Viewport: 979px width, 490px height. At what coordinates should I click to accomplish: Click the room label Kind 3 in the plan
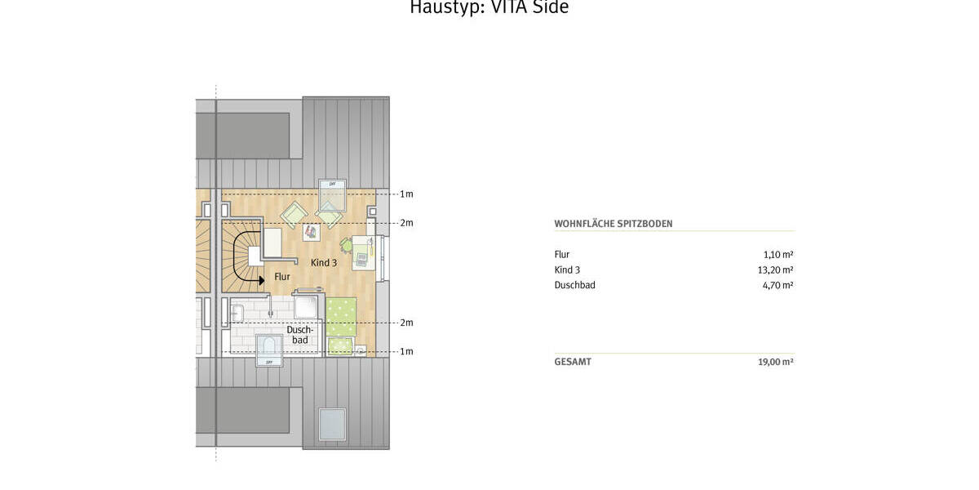click(323, 263)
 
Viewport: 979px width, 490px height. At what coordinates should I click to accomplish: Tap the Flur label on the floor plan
click(281, 277)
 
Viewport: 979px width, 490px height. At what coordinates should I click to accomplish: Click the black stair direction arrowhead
click(261, 280)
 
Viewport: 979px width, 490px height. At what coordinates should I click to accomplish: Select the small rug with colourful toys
click(310, 232)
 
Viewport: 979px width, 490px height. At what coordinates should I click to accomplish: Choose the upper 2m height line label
click(405, 223)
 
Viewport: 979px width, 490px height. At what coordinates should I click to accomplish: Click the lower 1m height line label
click(405, 352)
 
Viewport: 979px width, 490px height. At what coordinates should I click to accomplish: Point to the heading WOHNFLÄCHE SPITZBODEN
click(613, 224)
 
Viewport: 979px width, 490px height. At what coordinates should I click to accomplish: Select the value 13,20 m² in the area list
click(775, 269)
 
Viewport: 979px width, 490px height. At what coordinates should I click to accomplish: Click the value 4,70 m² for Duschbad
click(777, 285)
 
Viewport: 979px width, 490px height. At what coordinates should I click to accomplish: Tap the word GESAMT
click(573, 362)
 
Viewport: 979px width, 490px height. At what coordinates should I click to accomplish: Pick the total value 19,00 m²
click(775, 362)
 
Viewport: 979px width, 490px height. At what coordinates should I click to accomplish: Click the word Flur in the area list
click(561, 255)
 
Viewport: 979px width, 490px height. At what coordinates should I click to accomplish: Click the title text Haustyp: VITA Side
click(489, 7)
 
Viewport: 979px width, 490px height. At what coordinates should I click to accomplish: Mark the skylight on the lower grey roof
click(332, 425)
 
